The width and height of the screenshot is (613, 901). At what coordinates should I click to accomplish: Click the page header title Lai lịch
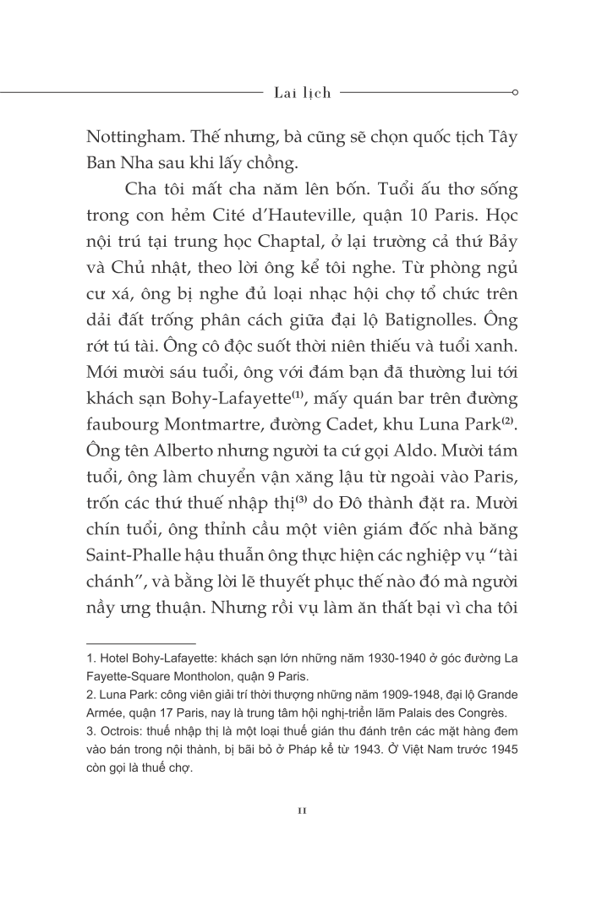303,92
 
